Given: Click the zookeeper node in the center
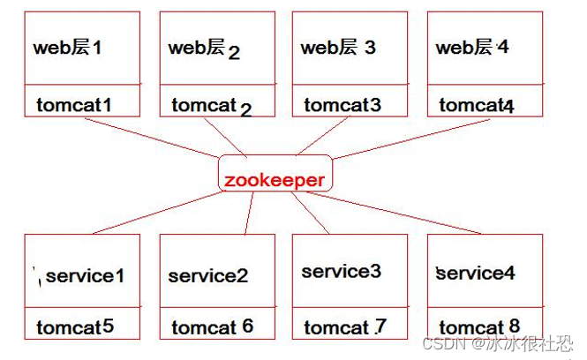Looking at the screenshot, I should point(275,180).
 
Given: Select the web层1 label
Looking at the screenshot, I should point(67,48).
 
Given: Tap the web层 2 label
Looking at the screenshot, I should point(204,49).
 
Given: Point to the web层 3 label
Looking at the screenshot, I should point(338,48).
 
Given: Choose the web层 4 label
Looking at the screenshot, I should point(472,48).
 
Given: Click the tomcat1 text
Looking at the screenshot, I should point(75,106).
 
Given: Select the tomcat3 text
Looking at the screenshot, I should point(342,106).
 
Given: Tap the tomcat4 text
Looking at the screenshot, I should point(476,106).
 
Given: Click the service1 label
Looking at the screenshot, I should point(85,276).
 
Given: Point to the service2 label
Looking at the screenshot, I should point(208,276).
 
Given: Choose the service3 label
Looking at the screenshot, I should point(342,272).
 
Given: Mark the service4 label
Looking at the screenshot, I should point(477,274).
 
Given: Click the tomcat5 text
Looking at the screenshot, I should point(75,327).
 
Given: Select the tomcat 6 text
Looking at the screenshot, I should point(212,327).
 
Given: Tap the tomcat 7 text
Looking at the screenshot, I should point(345,327).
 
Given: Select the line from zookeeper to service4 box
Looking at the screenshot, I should point(406,213).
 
